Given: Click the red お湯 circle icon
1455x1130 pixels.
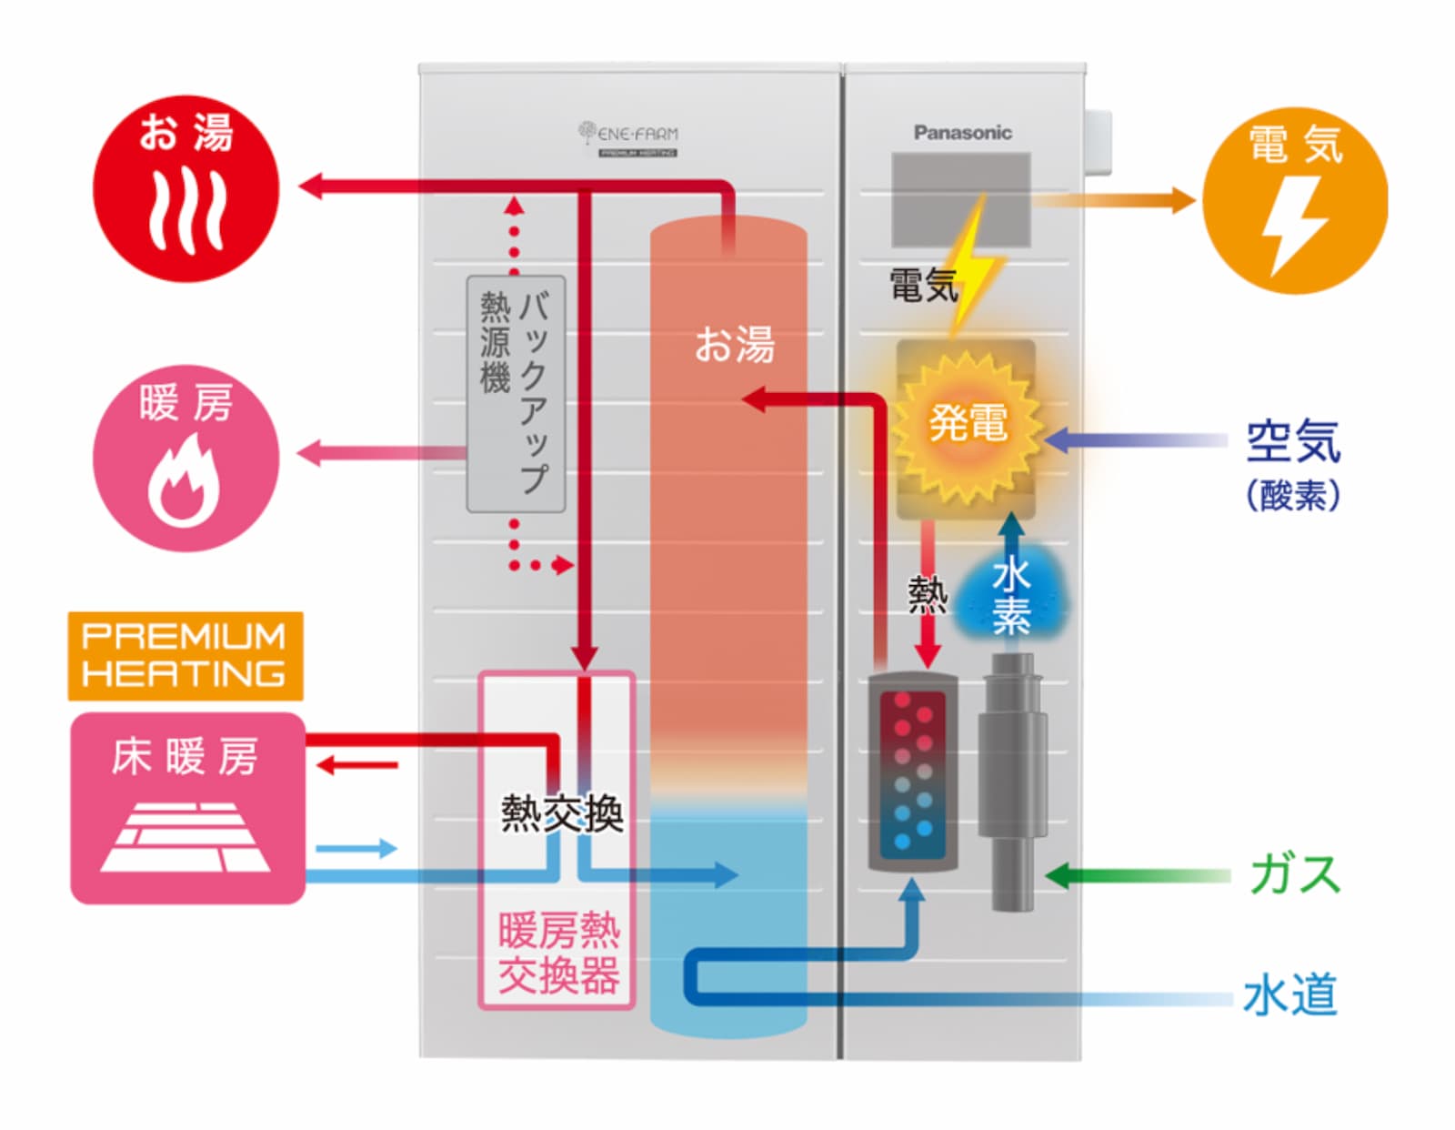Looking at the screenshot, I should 186,188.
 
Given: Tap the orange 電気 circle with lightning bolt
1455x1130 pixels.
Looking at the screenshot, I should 1294,200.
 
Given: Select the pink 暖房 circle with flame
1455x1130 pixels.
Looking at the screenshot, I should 186,458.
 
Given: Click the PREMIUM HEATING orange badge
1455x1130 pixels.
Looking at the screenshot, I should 186,655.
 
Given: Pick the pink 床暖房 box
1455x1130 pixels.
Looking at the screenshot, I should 187,808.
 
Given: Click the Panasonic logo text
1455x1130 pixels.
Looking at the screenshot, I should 962,133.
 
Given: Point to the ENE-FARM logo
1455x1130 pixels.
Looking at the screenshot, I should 628,138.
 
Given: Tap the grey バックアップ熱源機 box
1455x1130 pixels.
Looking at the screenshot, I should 516,394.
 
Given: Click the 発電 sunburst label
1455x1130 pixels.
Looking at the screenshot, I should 967,424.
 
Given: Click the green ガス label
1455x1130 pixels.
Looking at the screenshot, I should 1294,874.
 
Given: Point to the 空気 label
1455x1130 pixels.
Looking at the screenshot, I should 1292,442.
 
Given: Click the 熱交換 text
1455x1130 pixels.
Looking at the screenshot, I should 561,813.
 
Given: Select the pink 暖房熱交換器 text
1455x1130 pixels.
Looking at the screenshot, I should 558,953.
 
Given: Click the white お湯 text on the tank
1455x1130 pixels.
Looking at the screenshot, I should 734,346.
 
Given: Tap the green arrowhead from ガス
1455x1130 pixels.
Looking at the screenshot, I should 1058,876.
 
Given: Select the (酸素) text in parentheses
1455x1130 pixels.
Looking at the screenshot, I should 1292,496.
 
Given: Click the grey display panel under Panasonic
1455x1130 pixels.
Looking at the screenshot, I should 960,199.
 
